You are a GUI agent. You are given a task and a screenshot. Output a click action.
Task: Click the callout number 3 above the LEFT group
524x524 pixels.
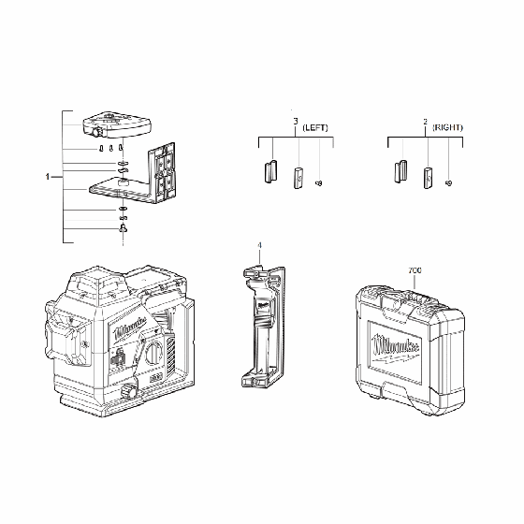295,123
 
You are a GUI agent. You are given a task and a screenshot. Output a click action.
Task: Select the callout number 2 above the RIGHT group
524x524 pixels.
425,123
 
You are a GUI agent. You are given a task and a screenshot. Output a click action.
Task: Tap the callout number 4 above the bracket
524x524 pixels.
259,246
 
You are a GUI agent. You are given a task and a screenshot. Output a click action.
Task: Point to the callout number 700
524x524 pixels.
415,271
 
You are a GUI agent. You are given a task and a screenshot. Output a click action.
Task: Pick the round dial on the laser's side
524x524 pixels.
153,354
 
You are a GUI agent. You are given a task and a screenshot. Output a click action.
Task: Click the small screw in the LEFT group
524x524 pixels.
320,182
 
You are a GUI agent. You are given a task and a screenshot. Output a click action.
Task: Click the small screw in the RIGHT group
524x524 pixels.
449,182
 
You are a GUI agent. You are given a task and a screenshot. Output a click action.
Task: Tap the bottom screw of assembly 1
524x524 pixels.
124,228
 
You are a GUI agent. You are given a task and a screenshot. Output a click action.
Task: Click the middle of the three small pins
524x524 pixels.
111,148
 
